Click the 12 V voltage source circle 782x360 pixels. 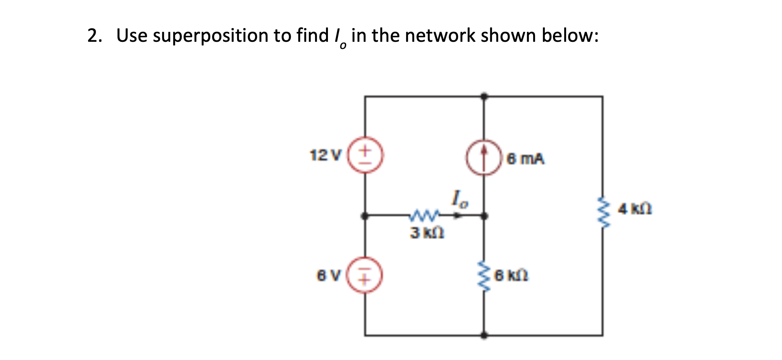[365, 155]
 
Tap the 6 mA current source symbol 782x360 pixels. [484, 158]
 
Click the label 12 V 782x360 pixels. [326, 155]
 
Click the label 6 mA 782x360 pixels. [526, 159]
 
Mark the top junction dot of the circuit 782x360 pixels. [484, 96]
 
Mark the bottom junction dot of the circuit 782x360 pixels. [484, 335]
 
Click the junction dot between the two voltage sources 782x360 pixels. [365, 216]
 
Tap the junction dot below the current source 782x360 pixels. [484, 216]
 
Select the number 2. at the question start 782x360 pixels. [94, 36]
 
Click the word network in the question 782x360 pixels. [440, 35]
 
